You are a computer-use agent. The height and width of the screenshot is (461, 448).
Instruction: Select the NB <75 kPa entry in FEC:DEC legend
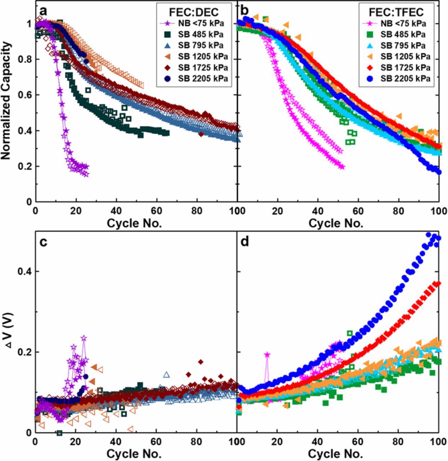click(194, 24)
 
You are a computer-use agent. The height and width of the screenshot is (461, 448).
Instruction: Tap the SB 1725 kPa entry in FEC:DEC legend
click(194, 67)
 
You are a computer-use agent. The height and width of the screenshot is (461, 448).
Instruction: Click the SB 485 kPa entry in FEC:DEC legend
click(194, 35)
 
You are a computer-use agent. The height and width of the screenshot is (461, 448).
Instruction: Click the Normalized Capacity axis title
click(6, 102)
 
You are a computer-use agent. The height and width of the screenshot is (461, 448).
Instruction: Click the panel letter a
click(43, 12)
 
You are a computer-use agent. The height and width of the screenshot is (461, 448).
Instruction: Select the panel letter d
click(245, 242)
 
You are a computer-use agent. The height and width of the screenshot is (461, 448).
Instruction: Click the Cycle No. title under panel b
click(336, 223)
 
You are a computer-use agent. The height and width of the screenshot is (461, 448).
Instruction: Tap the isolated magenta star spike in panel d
click(267, 355)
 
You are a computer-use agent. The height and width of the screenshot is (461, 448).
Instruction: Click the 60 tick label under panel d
click(358, 442)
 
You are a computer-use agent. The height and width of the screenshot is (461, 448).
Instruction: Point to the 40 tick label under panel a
click(116, 211)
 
